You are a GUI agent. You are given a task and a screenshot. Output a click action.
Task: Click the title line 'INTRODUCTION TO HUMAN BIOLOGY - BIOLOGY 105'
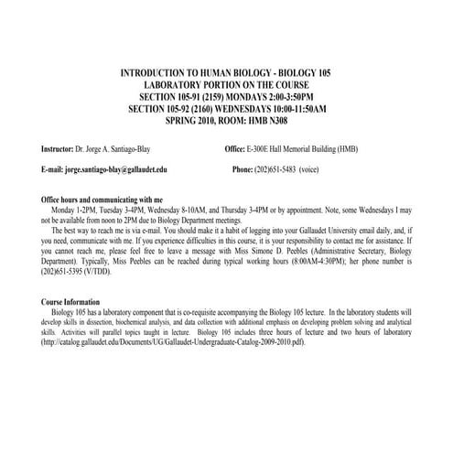tap(226, 72)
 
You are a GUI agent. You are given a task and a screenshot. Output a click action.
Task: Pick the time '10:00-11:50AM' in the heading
tap(295, 108)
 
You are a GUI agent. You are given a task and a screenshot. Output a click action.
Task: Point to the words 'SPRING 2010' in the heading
tap(191, 120)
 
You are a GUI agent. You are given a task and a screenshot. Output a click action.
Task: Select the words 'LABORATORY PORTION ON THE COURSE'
tap(226, 84)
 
